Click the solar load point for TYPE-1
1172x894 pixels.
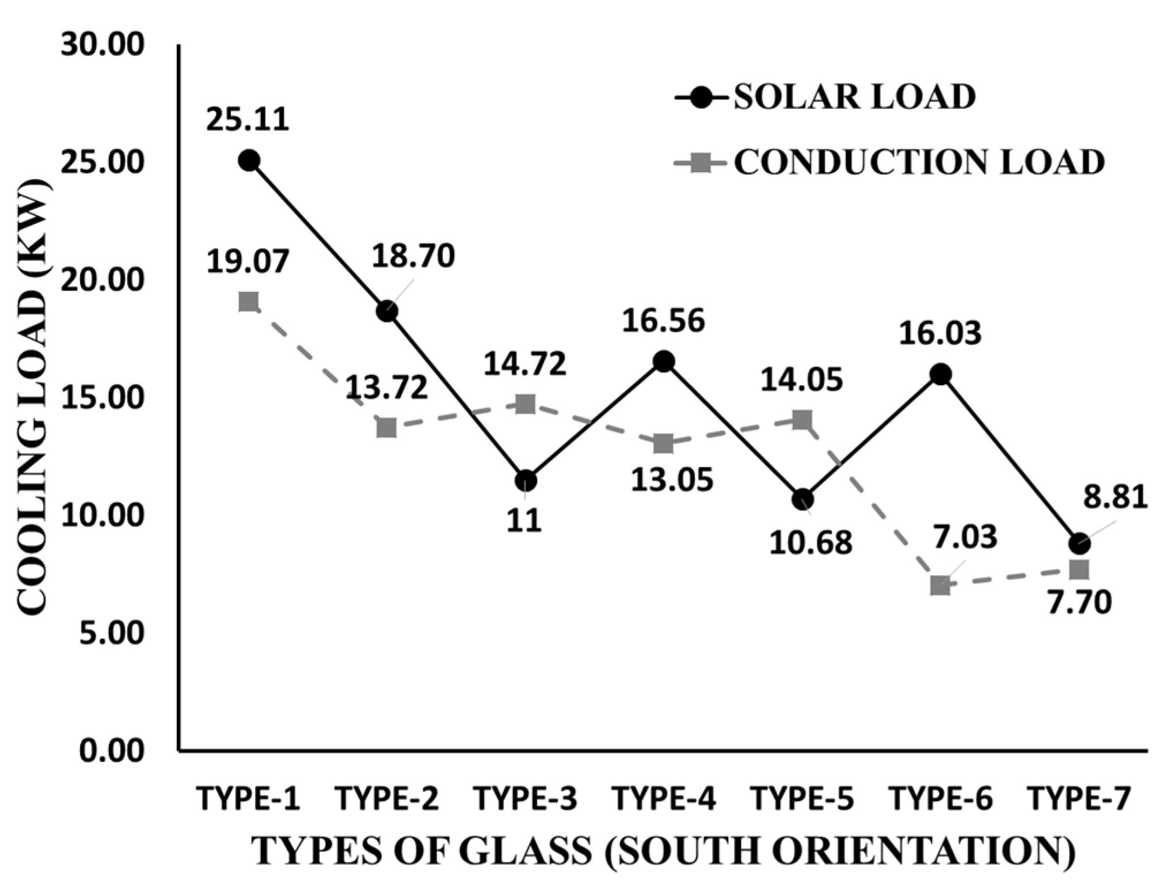point(249,160)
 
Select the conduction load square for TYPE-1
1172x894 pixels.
point(249,301)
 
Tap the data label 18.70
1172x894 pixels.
point(413,256)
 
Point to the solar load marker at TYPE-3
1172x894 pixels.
point(526,480)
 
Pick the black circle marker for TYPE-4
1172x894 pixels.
point(664,362)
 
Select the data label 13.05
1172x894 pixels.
point(672,479)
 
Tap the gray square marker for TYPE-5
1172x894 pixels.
point(802,420)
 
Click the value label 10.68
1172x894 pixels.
point(810,542)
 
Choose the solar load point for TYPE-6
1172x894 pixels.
point(941,374)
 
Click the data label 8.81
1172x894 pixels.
point(1115,497)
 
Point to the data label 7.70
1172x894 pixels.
point(1079,603)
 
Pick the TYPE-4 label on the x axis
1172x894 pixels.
point(664,798)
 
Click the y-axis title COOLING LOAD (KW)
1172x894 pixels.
point(32,397)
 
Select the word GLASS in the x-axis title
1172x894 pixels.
point(526,851)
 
